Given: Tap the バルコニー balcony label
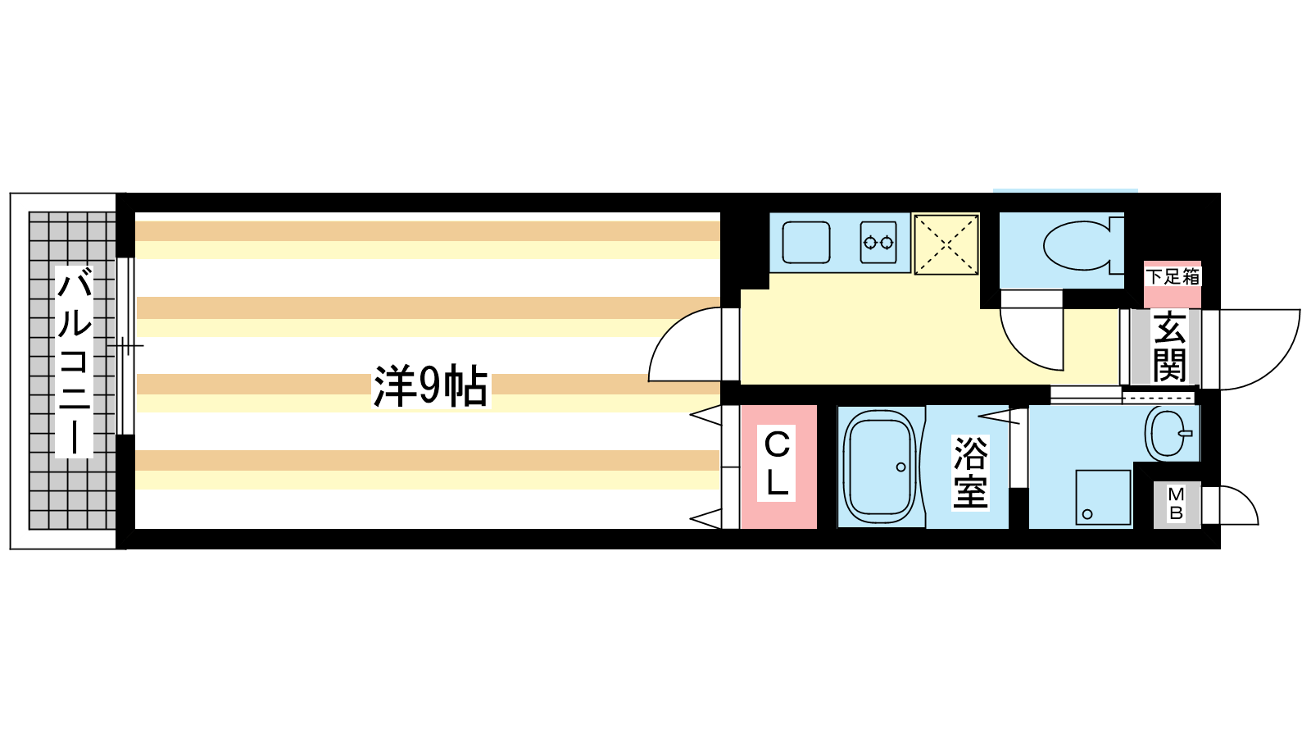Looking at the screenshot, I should [74, 361].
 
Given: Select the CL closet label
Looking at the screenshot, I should [777, 465].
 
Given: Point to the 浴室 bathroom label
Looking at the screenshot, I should [970, 472].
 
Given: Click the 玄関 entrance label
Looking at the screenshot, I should [1169, 347].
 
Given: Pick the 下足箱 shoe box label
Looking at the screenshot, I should [1173, 277].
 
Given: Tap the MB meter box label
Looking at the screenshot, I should [1176, 504].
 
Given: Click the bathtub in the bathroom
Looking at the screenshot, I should [880, 468].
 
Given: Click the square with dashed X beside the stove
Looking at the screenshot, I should [946, 244].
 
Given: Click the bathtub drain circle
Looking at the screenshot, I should [900, 467].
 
